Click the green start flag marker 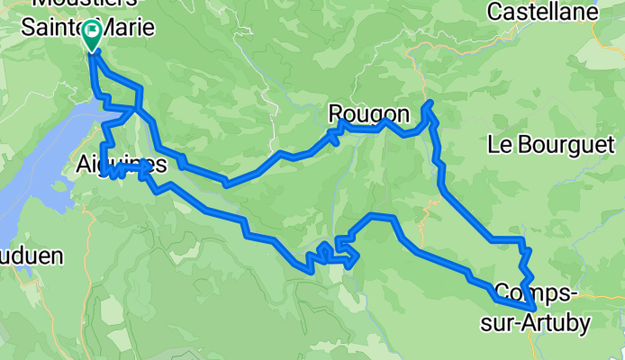92,34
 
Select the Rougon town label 368,113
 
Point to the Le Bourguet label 550,144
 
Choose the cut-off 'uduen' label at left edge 32,256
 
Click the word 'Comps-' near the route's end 531,292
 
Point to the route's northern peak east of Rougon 428,104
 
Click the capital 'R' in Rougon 336,113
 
